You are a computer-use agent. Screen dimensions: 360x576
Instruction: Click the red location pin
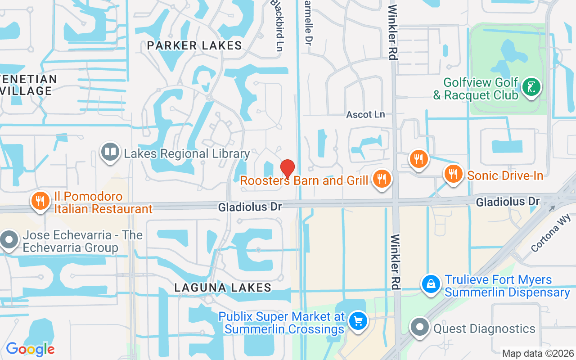(x=288, y=169)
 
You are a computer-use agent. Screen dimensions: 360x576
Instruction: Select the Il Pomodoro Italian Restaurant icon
(x=40, y=201)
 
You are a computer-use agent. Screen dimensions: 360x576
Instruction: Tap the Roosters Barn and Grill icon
(x=382, y=179)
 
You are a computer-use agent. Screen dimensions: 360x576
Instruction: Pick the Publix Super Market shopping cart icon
(x=359, y=321)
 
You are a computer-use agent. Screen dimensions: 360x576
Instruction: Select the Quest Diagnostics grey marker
(x=420, y=327)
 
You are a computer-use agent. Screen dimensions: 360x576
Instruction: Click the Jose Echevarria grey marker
(x=9, y=239)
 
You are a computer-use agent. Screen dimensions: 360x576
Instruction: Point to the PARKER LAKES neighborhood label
(x=194, y=45)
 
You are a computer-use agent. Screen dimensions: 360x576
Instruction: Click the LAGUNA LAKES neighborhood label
(x=223, y=288)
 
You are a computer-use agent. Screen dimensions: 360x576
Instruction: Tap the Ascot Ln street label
(x=365, y=115)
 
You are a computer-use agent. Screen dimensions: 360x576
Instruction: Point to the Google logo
(x=30, y=349)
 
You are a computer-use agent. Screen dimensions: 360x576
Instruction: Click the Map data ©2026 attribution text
(x=538, y=353)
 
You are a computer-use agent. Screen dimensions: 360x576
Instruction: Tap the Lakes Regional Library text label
(x=187, y=154)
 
